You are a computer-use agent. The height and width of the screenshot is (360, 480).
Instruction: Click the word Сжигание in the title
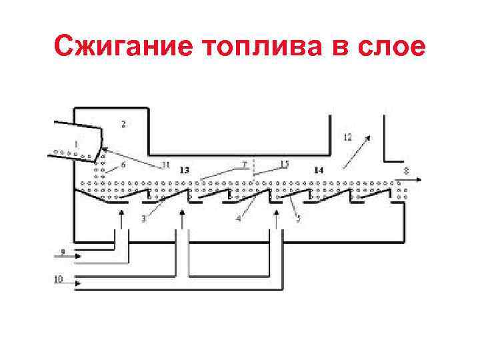[123, 47]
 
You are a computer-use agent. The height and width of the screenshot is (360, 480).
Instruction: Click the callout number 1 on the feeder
[76, 143]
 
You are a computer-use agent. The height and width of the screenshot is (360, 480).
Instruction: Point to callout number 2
[123, 123]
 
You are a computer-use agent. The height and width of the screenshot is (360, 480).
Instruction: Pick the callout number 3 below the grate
[143, 218]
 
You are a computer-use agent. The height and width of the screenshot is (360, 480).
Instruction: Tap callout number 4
[238, 218]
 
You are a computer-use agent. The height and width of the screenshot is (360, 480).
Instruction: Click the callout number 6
[123, 165]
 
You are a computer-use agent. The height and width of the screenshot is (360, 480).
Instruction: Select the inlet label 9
[62, 251]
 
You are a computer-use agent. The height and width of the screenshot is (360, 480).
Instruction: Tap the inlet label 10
[58, 279]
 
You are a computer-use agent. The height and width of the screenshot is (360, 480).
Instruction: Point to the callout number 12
[347, 137]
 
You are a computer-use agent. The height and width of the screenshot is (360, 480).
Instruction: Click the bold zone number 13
[184, 171]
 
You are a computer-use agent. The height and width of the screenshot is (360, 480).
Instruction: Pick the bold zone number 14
[319, 171]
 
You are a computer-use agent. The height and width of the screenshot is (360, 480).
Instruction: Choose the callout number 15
[284, 164]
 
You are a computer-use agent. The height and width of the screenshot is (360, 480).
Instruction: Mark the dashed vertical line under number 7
[253, 172]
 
